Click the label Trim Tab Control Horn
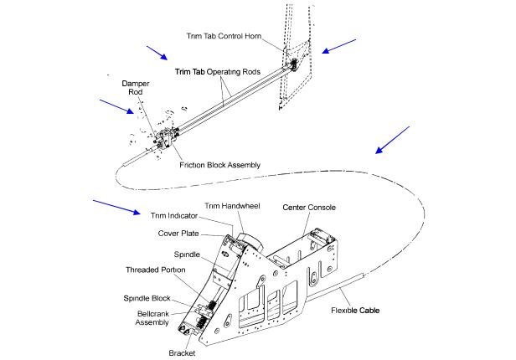pos(234,36)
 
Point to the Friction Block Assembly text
pos(219,164)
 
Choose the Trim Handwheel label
pos(232,205)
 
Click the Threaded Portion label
pos(157,272)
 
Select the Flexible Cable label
pos(355,311)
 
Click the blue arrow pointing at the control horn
pos(338,46)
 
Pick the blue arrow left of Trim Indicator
pos(114,206)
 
